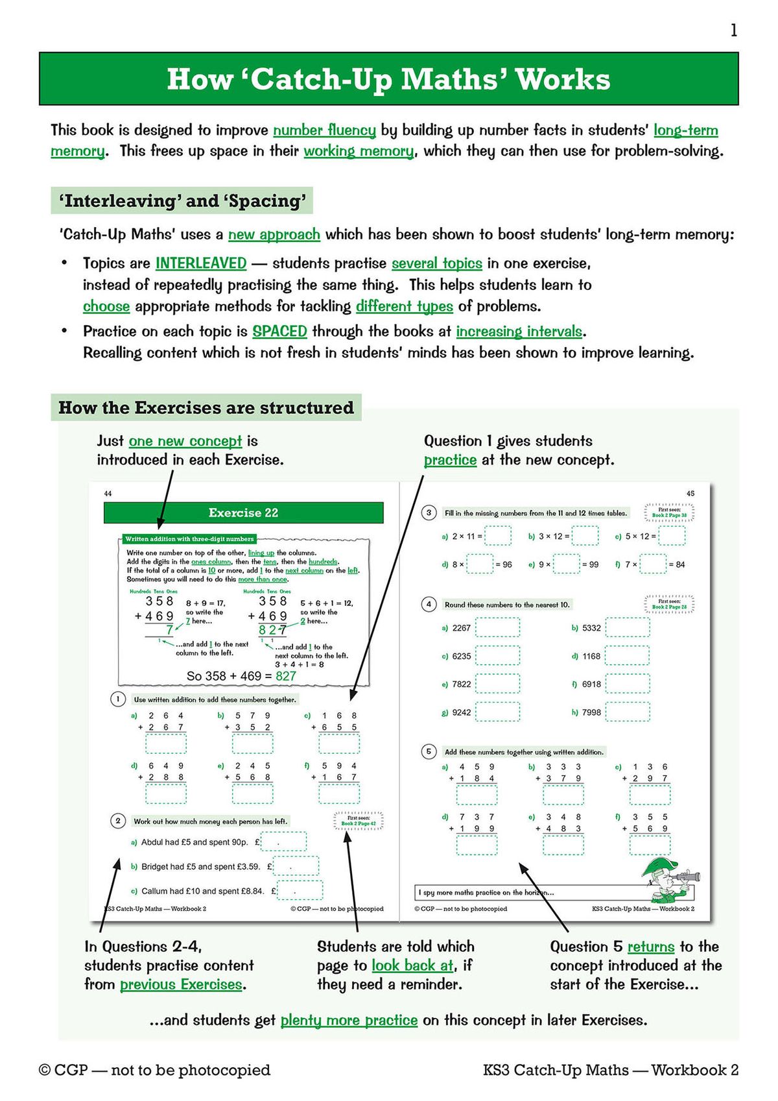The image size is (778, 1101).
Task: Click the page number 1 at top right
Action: (733, 30)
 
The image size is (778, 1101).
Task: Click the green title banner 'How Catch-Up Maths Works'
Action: (388, 79)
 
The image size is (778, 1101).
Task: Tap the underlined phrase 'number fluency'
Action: (324, 130)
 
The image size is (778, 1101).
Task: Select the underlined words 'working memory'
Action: (359, 151)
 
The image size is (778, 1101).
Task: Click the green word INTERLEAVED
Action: (201, 263)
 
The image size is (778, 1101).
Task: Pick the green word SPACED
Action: (279, 332)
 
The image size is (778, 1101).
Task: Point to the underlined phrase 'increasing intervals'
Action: (519, 332)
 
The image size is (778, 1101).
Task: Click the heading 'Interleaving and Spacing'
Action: (182, 201)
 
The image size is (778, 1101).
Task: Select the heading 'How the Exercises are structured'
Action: (206, 407)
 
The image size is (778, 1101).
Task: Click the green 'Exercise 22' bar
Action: (243, 513)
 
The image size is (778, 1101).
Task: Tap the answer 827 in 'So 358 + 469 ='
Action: (286, 676)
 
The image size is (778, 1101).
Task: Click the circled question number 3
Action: (429, 513)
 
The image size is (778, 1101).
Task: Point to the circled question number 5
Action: (429, 751)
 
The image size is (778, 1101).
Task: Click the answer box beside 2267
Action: (497, 628)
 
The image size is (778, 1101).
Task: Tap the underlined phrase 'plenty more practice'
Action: (349, 1021)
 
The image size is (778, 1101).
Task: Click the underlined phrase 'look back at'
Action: (412, 965)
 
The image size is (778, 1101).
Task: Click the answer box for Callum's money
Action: (300, 891)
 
